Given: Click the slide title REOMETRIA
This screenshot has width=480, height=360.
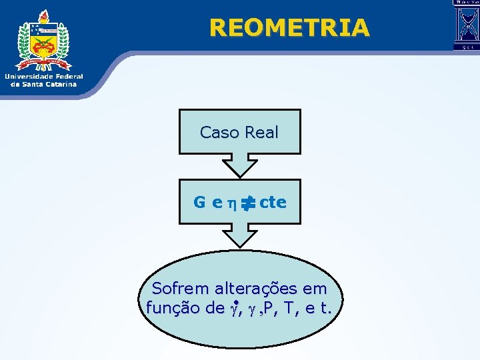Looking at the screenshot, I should (x=289, y=27).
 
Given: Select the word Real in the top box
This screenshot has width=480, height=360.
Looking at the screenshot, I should (x=261, y=133).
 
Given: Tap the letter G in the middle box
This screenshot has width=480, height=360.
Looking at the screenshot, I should (x=199, y=202).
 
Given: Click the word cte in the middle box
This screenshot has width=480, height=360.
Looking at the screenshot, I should (x=273, y=201).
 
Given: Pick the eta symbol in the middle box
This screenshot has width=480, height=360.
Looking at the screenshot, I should (x=229, y=203).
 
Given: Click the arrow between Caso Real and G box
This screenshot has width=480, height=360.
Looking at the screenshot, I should (x=240, y=165).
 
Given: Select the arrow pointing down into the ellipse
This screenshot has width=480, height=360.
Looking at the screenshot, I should (x=240, y=235).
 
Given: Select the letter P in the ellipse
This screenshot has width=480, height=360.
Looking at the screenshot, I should (x=269, y=308).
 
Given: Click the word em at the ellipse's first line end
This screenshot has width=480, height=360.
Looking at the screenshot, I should (x=316, y=289).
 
